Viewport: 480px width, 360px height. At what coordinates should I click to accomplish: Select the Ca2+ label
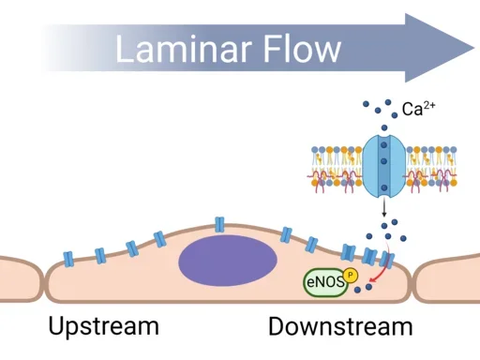[417, 110]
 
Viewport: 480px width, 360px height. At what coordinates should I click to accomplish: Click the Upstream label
[103, 326]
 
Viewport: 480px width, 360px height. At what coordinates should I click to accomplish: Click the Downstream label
[339, 326]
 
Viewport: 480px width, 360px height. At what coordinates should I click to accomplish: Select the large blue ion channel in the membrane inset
[383, 163]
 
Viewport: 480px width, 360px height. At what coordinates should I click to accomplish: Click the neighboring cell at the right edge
[450, 278]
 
